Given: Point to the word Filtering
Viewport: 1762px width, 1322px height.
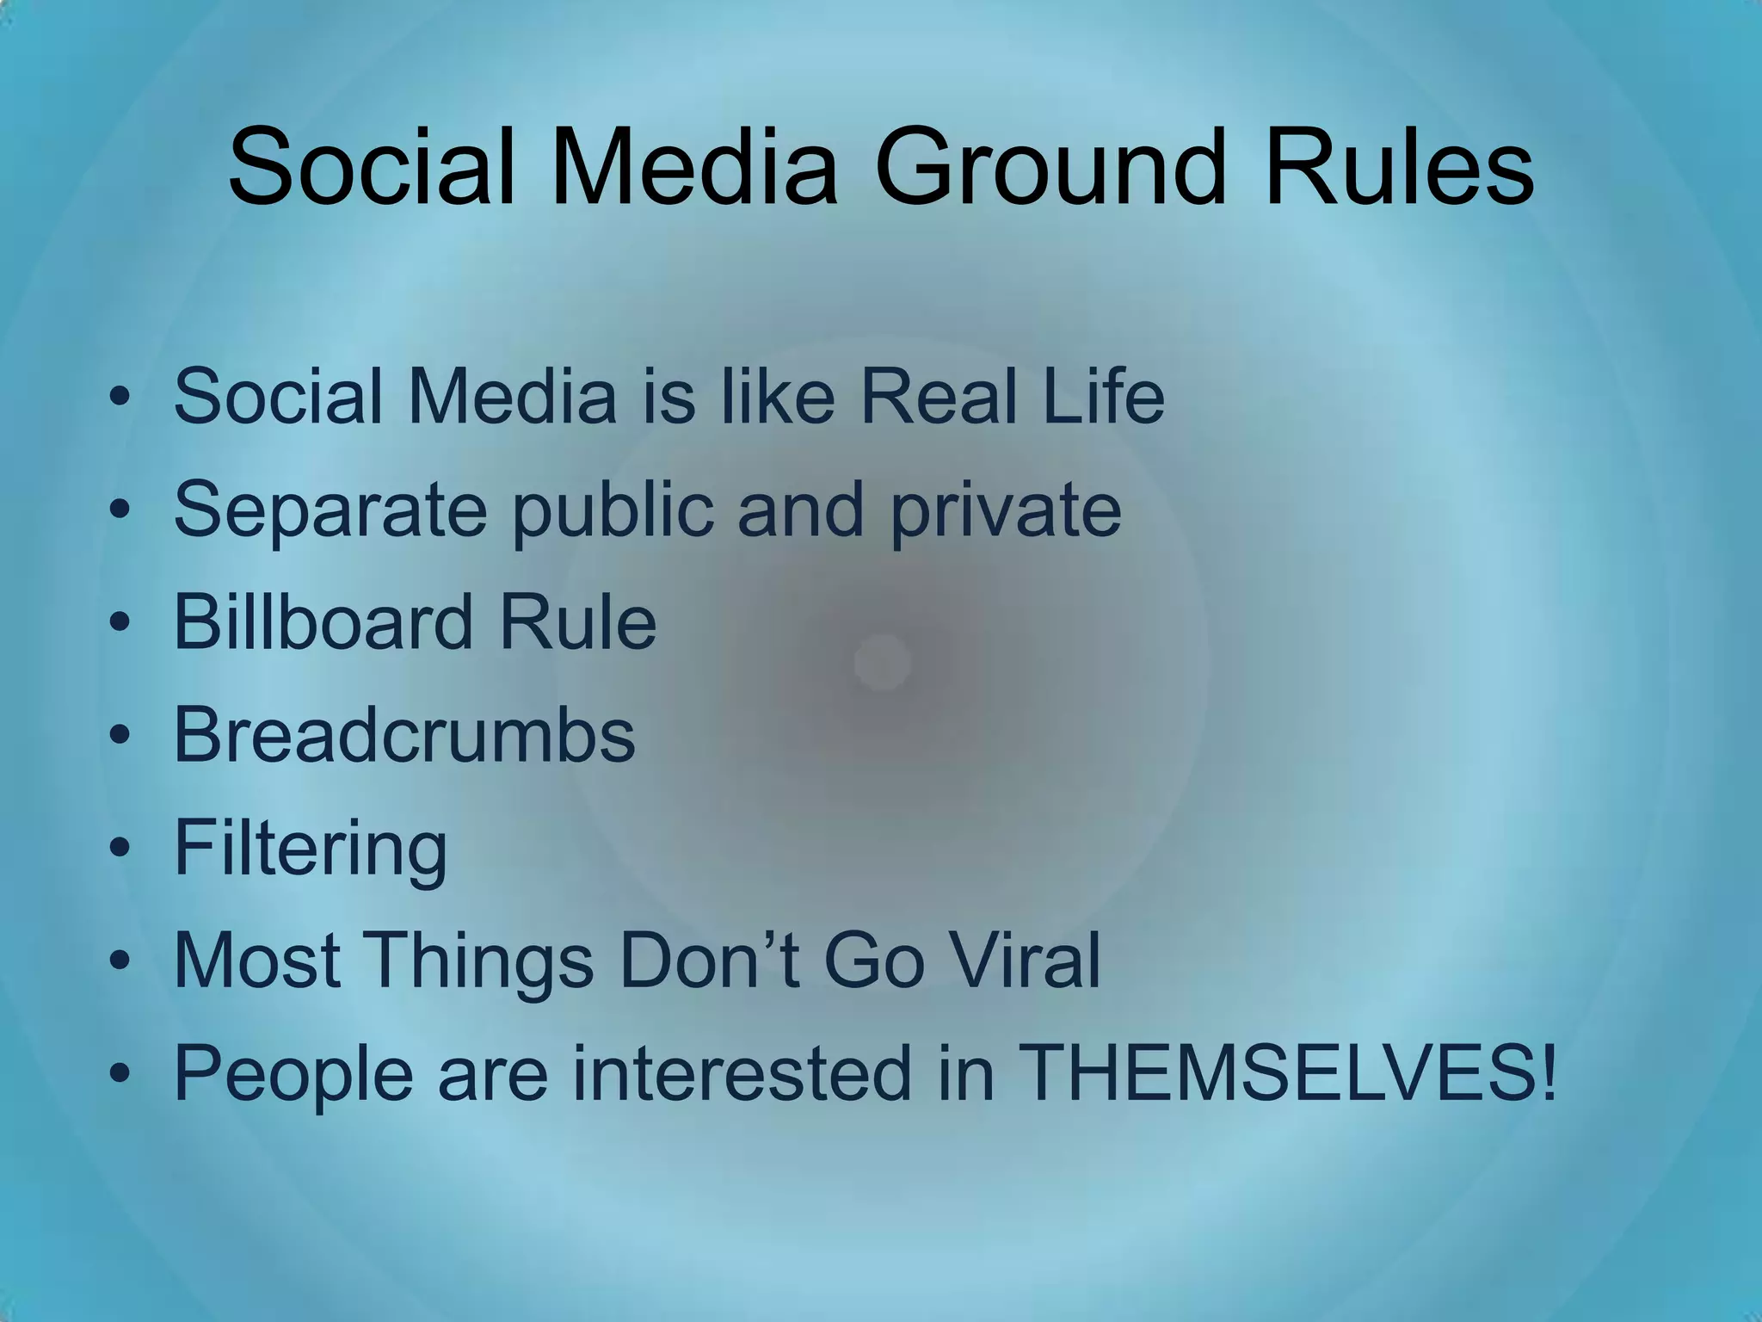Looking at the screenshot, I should point(311,849).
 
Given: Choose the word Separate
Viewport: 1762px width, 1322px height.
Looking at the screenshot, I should point(330,510).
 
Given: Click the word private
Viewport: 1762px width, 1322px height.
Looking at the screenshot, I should point(1006,510).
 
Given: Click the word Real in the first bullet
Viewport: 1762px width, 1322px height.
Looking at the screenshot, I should point(939,397).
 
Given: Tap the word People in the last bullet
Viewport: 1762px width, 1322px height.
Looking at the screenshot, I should point(293,1074).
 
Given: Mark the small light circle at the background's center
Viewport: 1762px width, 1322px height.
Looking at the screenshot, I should point(882,662).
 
